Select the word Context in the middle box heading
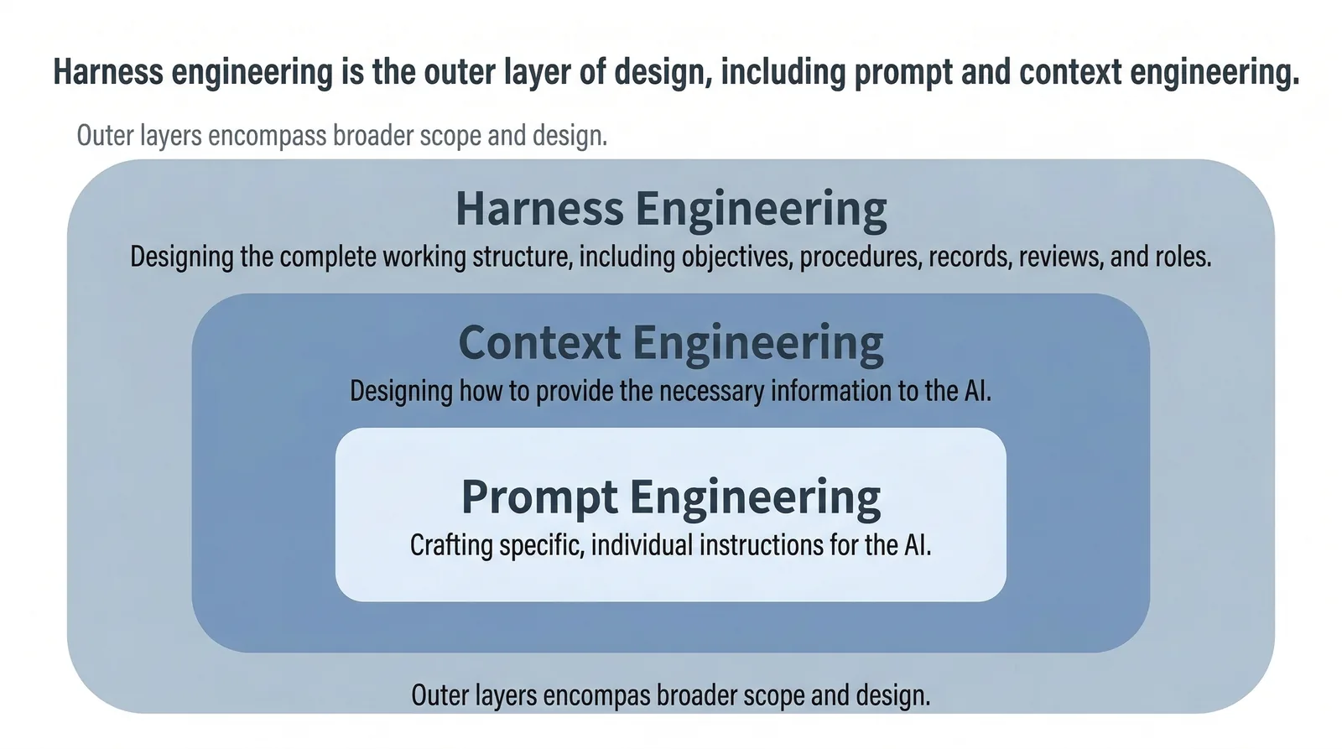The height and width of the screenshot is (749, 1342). coord(539,343)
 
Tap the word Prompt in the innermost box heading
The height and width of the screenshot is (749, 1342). coord(539,497)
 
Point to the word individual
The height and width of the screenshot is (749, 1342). coord(642,545)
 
